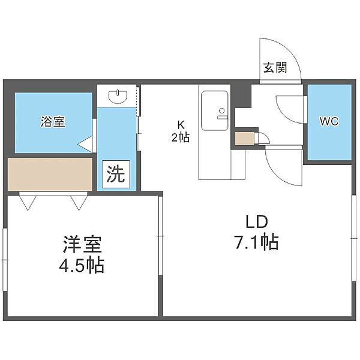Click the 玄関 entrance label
tap(275, 68)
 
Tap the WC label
tap(329, 121)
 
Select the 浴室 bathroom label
tap(53, 121)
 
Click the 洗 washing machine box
tap(116, 174)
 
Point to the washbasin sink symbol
tap(118, 97)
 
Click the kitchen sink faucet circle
tap(222, 110)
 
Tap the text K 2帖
tap(181, 131)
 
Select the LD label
tap(257, 222)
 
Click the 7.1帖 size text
tap(256, 242)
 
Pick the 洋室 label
tap(82, 244)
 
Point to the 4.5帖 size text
tap(82, 265)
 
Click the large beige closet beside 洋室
tap(50, 174)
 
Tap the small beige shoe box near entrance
tap(245, 139)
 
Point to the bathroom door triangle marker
tap(85, 144)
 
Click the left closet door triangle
tap(28, 203)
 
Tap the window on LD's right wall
tap(354, 238)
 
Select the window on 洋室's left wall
tap(5, 260)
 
